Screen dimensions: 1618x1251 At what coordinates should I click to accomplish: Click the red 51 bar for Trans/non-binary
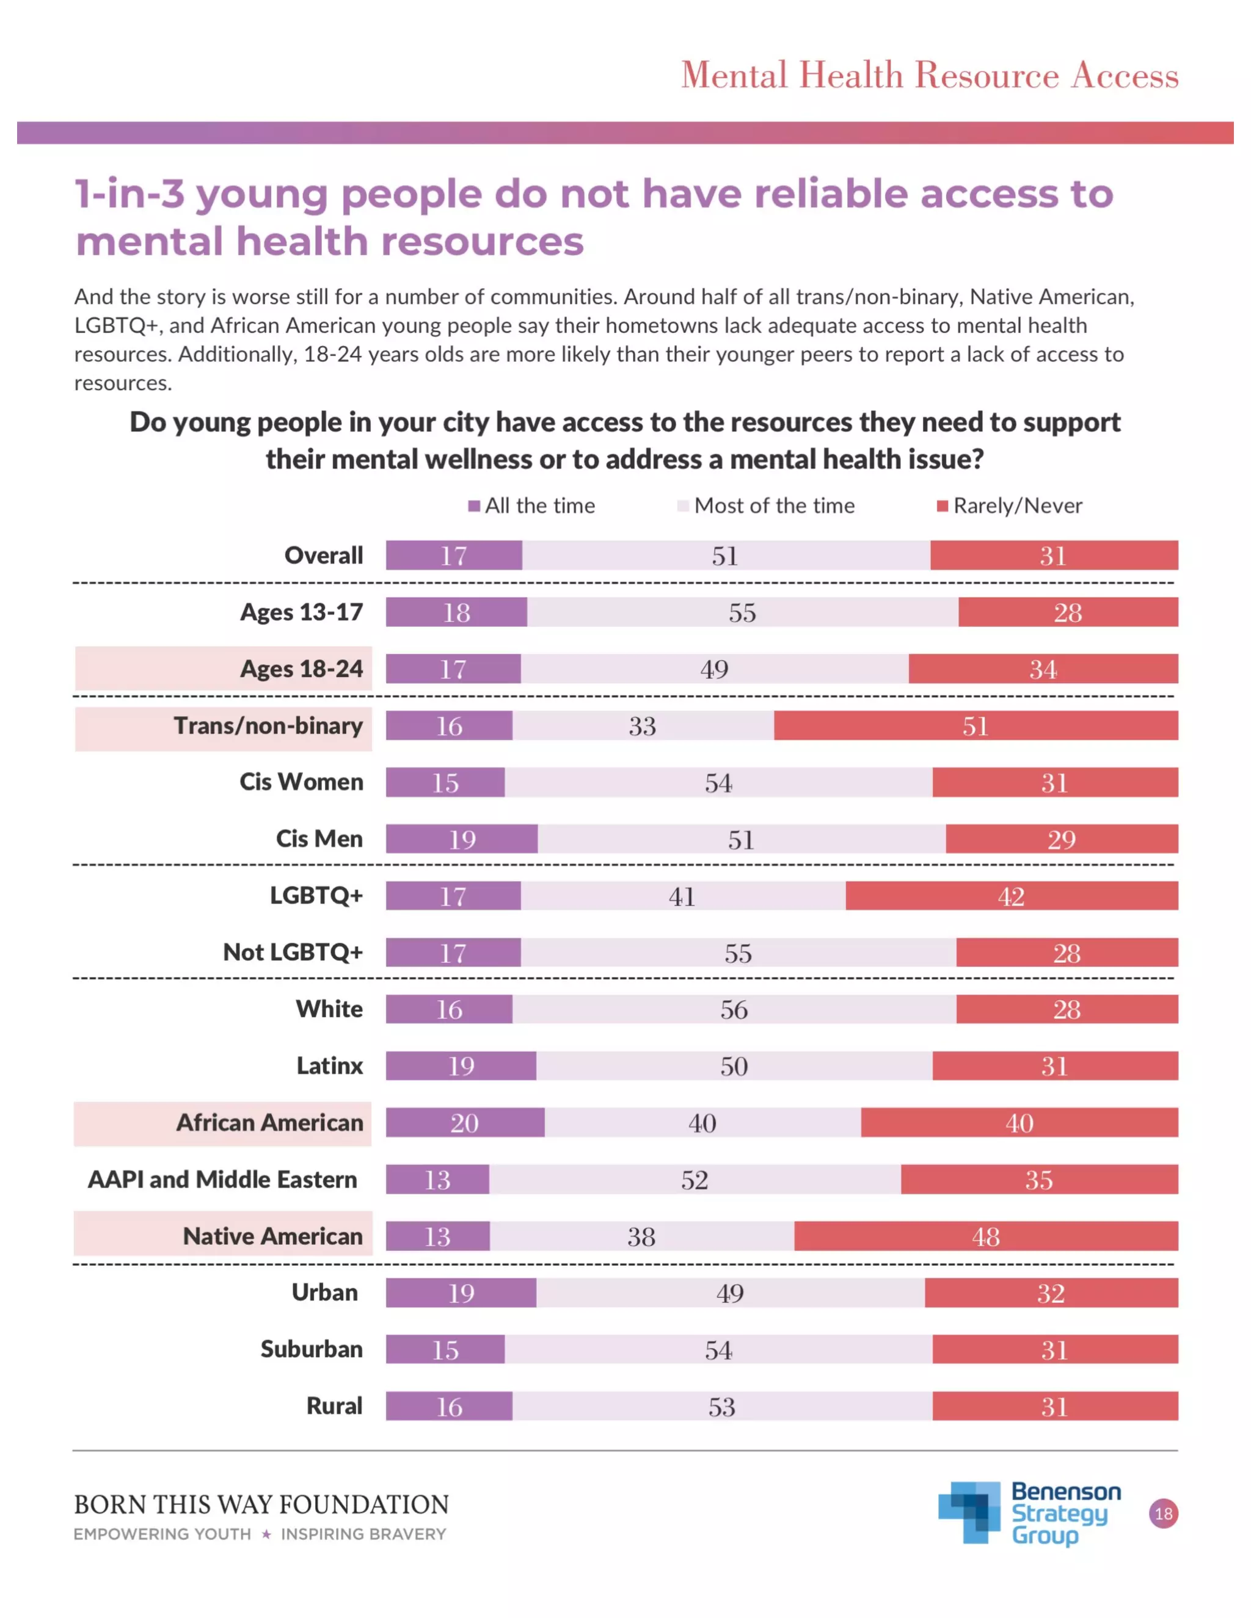point(976,725)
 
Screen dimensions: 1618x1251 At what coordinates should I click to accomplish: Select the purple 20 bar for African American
point(465,1122)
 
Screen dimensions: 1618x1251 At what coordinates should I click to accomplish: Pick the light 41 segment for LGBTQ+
point(682,896)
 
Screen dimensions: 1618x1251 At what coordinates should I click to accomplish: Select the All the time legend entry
point(531,506)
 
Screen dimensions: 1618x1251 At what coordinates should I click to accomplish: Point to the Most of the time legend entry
point(767,506)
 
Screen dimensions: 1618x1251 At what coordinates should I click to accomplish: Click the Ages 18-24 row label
point(301,669)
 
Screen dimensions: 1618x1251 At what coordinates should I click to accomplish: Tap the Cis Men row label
point(319,839)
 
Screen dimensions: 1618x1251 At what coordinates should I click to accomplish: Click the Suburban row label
point(312,1349)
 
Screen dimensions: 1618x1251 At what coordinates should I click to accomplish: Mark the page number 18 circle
point(1163,1514)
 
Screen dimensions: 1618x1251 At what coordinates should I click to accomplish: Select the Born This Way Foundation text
point(261,1504)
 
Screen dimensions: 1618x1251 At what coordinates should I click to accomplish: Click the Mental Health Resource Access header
point(929,76)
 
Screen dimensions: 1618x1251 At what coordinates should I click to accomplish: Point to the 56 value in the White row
point(734,1009)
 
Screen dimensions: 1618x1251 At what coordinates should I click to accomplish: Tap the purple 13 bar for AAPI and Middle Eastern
point(437,1180)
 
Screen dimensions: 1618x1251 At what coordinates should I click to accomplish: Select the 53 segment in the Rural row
point(721,1406)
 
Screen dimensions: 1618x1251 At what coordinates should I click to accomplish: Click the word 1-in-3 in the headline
point(129,194)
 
